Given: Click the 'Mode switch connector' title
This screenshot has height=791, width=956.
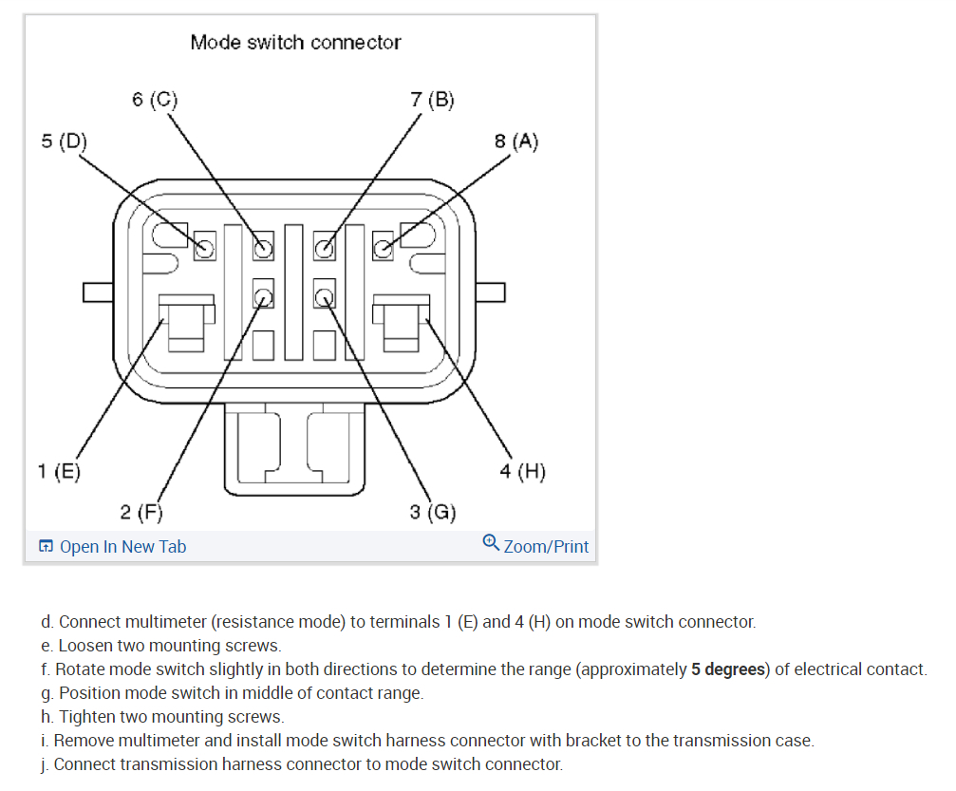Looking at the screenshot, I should click(x=295, y=43).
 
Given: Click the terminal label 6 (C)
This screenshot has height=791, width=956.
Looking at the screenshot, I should click(x=154, y=100).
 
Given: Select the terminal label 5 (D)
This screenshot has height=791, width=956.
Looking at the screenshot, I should click(x=64, y=141).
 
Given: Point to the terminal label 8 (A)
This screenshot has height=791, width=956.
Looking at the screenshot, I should click(x=516, y=141).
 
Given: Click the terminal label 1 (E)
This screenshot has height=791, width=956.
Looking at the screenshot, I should click(x=59, y=471).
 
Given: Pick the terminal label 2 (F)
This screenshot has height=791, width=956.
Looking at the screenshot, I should click(x=141, y=513).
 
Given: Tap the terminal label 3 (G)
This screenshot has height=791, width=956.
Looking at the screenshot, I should click(x=433, y=513).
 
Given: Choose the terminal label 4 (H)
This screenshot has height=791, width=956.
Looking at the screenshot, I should click(x=523, y=471).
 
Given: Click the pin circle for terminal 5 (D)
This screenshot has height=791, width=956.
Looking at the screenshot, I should click(x=204, y=249).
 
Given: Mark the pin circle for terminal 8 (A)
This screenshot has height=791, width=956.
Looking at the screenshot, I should click(x=384, y=249).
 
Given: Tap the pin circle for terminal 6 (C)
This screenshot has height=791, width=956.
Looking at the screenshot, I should click(x=264, y=249).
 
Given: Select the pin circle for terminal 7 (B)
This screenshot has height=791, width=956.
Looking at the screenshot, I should click(x=324, y=249).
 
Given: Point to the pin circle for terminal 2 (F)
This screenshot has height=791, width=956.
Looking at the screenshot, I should click(x=264, y=296).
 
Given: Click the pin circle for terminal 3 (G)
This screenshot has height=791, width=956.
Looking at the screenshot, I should click(x=324, y=296).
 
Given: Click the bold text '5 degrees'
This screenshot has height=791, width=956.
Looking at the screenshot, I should click(x=728, y=669).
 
